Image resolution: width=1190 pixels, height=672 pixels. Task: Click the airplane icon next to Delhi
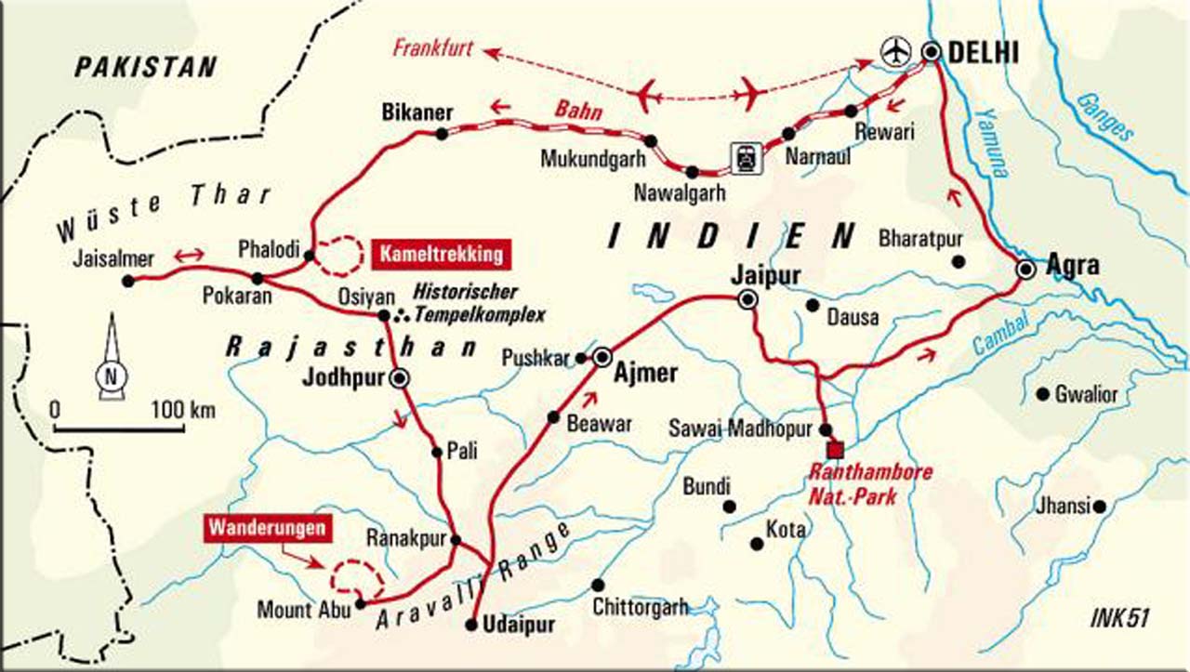click(x=895, y=51)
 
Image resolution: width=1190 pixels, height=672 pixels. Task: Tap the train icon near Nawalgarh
click(x=746, y=158)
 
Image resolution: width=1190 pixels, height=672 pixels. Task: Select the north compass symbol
click(x=111, y=376)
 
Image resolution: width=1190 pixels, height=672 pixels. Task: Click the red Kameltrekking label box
click(x=442, y=252)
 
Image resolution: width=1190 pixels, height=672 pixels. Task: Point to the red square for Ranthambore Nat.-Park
click(x=835, y=450)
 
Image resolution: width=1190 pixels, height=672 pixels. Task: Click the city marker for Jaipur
click(x=746, y=299)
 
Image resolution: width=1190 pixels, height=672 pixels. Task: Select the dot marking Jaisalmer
click(x=128, y=279)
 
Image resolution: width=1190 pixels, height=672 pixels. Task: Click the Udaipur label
click(x=520, y=626)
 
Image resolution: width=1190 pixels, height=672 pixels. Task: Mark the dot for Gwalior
click(x=1043, y=394)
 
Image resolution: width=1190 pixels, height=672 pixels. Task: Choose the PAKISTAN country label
click(x=146, y=67)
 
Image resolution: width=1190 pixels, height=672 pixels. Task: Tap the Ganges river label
click(x=1107, y=115)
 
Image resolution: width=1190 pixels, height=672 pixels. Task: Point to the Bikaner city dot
click(x=442, y=134)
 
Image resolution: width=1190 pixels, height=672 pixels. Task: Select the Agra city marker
click(x=1025, y=269)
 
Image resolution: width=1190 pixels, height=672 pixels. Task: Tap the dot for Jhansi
click(x=1100, y=507)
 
